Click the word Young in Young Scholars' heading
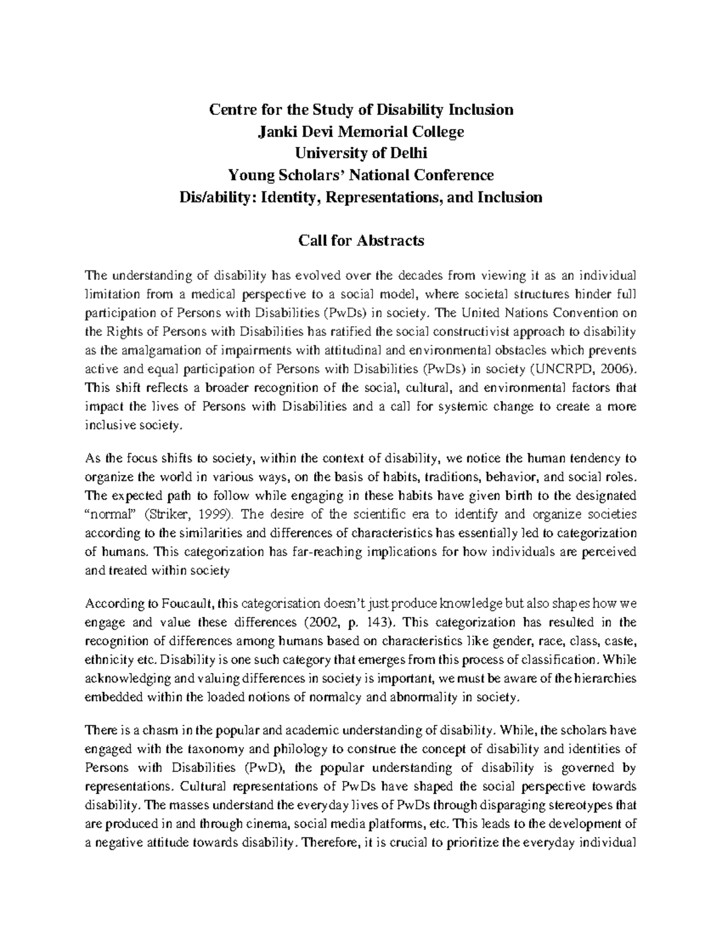coord(251,175)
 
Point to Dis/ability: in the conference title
coord(214,197)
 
